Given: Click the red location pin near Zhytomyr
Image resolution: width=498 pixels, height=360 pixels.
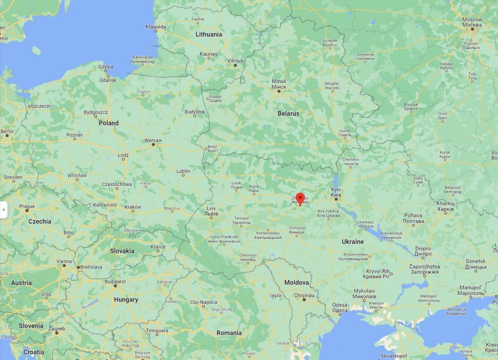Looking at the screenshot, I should pyautogui.click(x=300, y=198).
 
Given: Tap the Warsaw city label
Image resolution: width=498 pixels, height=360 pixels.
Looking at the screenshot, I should pyautogui.click(x=153, y=140).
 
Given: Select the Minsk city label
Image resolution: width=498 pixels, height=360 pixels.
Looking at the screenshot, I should pyautogui.click(x=279, y=83).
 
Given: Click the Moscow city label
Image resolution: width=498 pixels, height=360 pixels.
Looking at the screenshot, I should pyautogui.click(x=472, y=21).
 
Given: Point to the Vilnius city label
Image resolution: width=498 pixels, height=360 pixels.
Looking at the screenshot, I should pyautogui.click(x=235, y=60).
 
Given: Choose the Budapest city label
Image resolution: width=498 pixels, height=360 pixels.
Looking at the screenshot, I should pyautogui.click(x=115, y=281).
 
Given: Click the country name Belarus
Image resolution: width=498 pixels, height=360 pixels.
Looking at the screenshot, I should pyautogui.click(x=288, y=113).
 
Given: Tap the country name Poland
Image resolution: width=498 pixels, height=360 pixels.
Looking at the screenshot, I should pyautogui.click(x=108, y=123).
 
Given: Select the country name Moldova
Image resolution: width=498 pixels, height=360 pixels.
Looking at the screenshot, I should pyautogui.click(x=297, y=282).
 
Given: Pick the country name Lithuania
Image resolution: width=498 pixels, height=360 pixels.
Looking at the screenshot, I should pyautogui.click(x=209, y=34).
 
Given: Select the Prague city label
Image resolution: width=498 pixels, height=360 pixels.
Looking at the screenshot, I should pyautogui.click(x=27, y=206).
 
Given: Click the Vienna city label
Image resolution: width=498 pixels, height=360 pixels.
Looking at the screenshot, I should pyautogui.click(x=64, y=261).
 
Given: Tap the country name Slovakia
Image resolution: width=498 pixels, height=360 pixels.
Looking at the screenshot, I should pyautogui.click(x=122, y=251).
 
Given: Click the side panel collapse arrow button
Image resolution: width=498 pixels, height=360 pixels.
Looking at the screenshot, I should pyautogui.click(x=3, y=210).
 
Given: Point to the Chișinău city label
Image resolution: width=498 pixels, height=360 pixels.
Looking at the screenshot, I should pyautogui.click(x=304, y=295).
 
